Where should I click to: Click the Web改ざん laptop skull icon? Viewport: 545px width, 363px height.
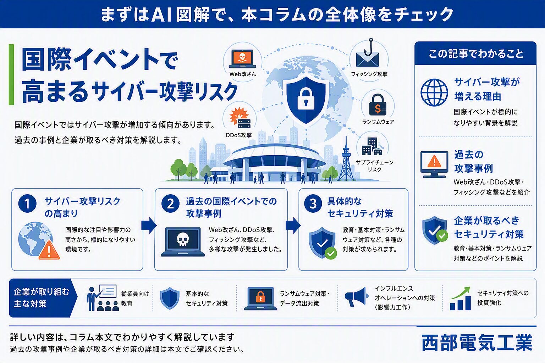coord(242,59)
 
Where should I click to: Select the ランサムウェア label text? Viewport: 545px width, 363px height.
coord(378,122)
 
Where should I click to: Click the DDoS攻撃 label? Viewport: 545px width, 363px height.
coord(239,135)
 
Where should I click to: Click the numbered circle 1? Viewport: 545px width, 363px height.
coord(27,204)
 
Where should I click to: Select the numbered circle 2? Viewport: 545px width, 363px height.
coord(170,204)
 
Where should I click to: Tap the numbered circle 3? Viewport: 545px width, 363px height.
coord(313,204)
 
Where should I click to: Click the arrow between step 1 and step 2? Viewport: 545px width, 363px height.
coord(149,225)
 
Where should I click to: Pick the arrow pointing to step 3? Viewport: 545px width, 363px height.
coord(293,225)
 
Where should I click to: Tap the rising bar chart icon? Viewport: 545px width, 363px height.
coord(460,298)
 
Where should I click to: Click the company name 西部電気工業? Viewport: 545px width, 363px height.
coord(477,342)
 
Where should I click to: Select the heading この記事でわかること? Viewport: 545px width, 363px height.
coord(476,54)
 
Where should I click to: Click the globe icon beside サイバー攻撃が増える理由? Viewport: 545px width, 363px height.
coord(434,93)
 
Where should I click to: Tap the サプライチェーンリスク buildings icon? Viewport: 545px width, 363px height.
coord(372,146)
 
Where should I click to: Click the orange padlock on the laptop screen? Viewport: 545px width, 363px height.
coord(260,297)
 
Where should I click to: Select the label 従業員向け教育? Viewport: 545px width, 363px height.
coord(135,298)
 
